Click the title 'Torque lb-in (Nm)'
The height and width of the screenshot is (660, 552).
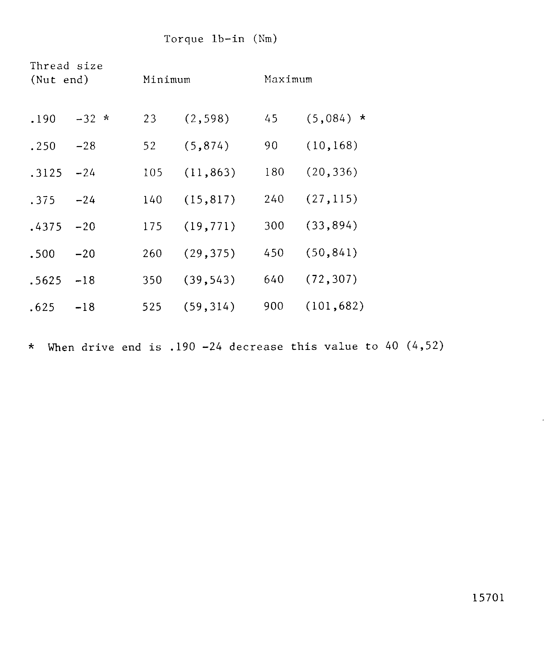point(221,39)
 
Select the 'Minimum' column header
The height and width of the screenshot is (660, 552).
point(167,79)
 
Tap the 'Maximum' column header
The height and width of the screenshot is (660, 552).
point(288,79)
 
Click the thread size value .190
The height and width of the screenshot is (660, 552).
point(43,119)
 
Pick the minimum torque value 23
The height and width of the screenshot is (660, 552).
point(150,119)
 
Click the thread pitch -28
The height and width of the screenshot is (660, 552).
point(86,146)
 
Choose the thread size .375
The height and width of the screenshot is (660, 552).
point(42,200)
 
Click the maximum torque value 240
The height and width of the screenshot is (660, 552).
point(274,199)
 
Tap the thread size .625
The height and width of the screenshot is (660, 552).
point(42,307)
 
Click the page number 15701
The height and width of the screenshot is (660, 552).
point(488,598)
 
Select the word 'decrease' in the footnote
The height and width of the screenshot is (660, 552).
point(256,347)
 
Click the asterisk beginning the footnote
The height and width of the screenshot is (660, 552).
point(31,347)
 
